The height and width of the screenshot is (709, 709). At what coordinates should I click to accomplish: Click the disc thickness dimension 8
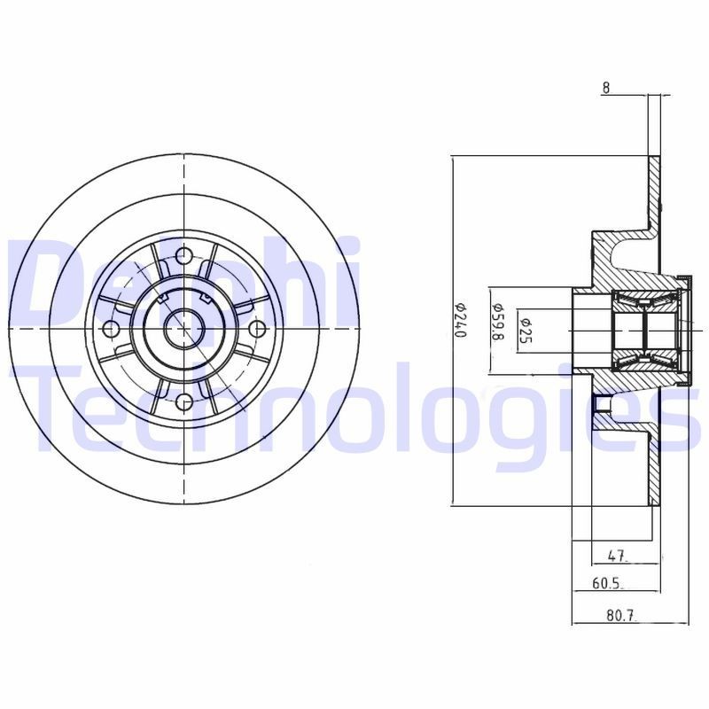coord(606,87)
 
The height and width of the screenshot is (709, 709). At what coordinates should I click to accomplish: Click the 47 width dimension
coord(618,557)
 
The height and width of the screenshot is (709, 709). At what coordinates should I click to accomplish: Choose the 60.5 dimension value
coord(607,584)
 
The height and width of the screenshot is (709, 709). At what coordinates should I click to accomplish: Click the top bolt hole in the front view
coord(184,255)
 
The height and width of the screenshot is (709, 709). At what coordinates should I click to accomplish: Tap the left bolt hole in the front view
coord(111,330)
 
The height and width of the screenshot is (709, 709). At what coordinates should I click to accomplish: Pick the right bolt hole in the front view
coord(258,330)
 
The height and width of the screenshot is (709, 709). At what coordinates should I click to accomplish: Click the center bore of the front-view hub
coord(184,330)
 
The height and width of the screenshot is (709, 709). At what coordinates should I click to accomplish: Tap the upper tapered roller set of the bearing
coord(644,302)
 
